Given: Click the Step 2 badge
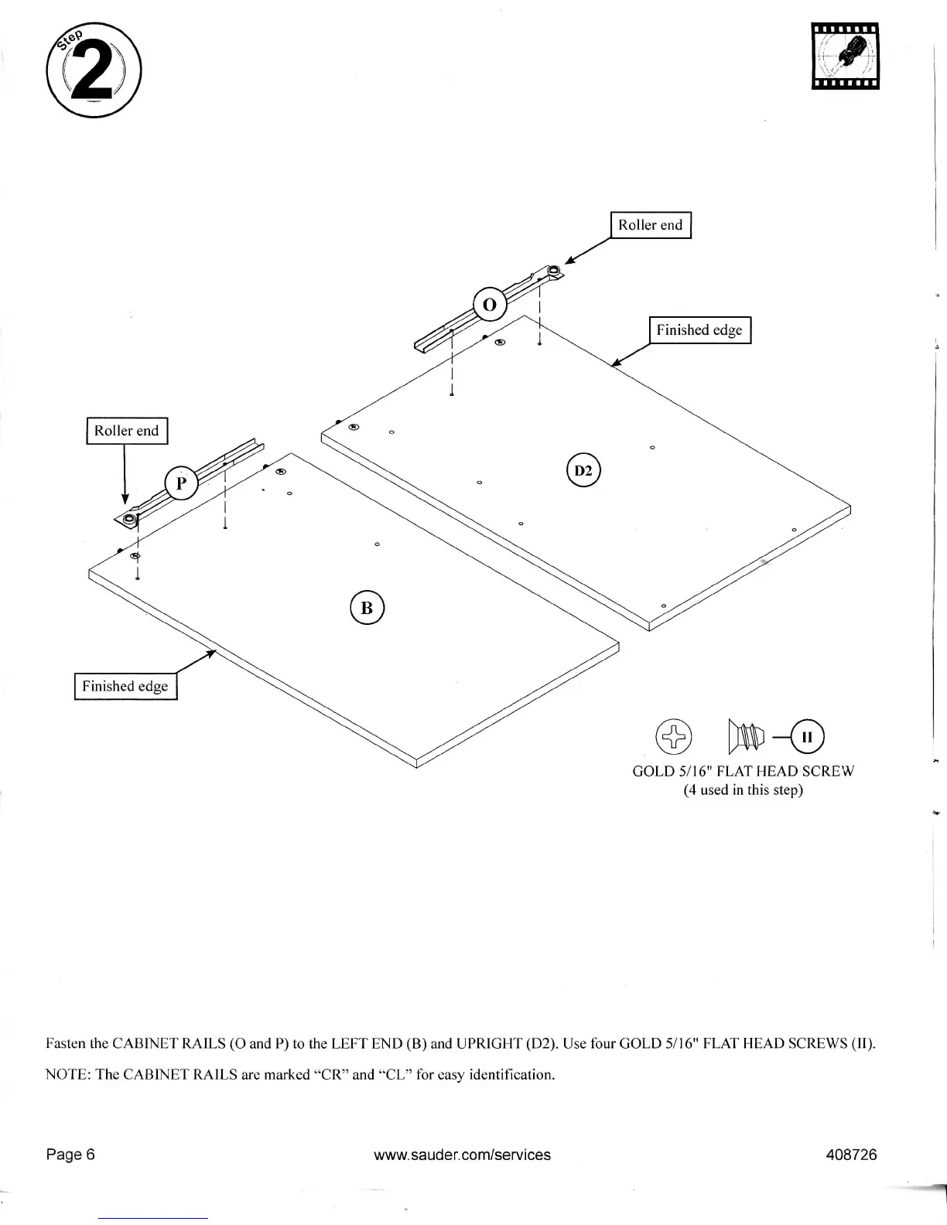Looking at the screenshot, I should point(94,70).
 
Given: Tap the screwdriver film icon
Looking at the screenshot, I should point(845,56).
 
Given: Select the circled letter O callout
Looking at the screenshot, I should point(489,305).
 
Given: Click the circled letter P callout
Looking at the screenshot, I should point(181,484).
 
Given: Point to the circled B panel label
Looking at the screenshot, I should point(367,608).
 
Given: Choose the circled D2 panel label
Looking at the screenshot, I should point(583,471).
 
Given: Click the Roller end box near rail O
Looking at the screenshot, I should point(650,225).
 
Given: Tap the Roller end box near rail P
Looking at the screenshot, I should point(126,431).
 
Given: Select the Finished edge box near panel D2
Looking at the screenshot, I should point(699,330).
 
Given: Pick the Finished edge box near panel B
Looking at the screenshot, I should point(125,686).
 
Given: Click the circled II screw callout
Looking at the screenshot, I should point(807,737).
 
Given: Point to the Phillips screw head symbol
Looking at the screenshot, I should point(674,737).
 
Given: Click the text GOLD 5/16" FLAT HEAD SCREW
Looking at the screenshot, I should point(743,771).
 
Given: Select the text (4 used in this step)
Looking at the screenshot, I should point(743,790).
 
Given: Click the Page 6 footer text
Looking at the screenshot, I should point(70,1155).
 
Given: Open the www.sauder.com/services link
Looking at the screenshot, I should point(462,1155).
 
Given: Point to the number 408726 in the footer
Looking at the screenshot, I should point(851,1155).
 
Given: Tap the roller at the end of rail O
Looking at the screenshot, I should point(555,271).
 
